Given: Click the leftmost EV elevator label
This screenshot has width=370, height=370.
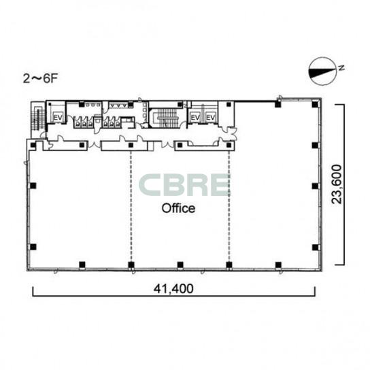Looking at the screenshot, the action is (58, 117).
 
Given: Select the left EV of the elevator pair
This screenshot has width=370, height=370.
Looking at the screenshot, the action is (195, 117).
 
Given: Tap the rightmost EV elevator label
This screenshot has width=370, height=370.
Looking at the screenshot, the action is (211, 117).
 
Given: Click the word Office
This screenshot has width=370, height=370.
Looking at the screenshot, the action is (178, 208).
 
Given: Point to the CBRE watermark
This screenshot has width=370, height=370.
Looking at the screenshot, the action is (185, 185).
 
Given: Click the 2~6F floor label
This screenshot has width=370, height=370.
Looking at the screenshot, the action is (40, 79).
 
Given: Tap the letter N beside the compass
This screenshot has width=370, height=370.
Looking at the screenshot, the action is (341, 68).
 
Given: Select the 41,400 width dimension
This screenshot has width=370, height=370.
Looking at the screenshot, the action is (173, 288).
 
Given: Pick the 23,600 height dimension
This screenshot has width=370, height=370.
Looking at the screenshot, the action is (336, 184).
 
